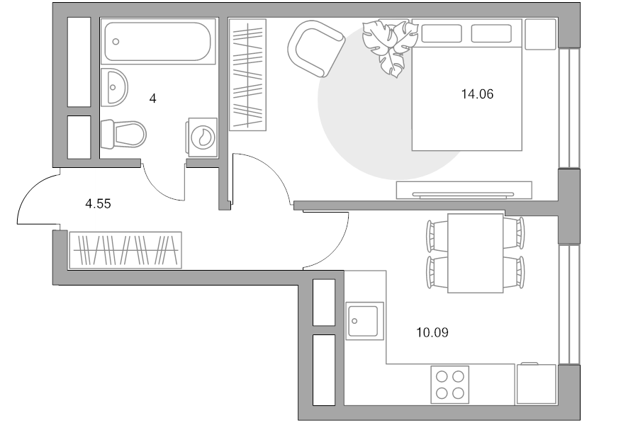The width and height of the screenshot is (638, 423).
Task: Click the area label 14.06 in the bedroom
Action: click(x=477, y=94)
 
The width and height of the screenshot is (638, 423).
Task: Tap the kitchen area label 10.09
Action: click(x=432, y=333)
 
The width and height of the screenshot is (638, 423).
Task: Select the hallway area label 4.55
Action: click(x=98, y=203)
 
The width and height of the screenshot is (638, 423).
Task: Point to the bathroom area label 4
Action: click(x=153, y=98)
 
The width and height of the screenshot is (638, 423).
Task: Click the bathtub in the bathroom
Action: click(x=158, y=41)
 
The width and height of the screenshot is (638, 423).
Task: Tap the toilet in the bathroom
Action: click(x=123, y=134)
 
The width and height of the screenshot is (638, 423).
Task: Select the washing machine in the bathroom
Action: click(x=202, y=137)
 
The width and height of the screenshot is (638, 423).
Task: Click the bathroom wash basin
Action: click(x=114, y=87)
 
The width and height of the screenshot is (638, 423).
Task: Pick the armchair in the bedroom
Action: click(x=315, y=48)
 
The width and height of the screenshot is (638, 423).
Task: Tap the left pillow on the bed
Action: click(x=442, y=33)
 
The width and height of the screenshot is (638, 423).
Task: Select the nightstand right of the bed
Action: click(x=540, y=34)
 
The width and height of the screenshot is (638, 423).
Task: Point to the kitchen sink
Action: click(x=364, y=321)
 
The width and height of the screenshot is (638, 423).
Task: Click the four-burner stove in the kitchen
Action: click(x=449, y=384)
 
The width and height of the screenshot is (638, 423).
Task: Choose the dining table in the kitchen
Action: click(x=475, y=253)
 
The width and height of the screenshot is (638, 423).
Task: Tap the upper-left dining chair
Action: click(x=437, y=235)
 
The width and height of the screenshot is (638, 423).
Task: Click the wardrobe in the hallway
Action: click(x=125, y=250)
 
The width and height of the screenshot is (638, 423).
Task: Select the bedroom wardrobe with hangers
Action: click(x=247, y=75)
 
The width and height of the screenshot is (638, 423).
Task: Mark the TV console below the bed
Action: click(x=464, y=191)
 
